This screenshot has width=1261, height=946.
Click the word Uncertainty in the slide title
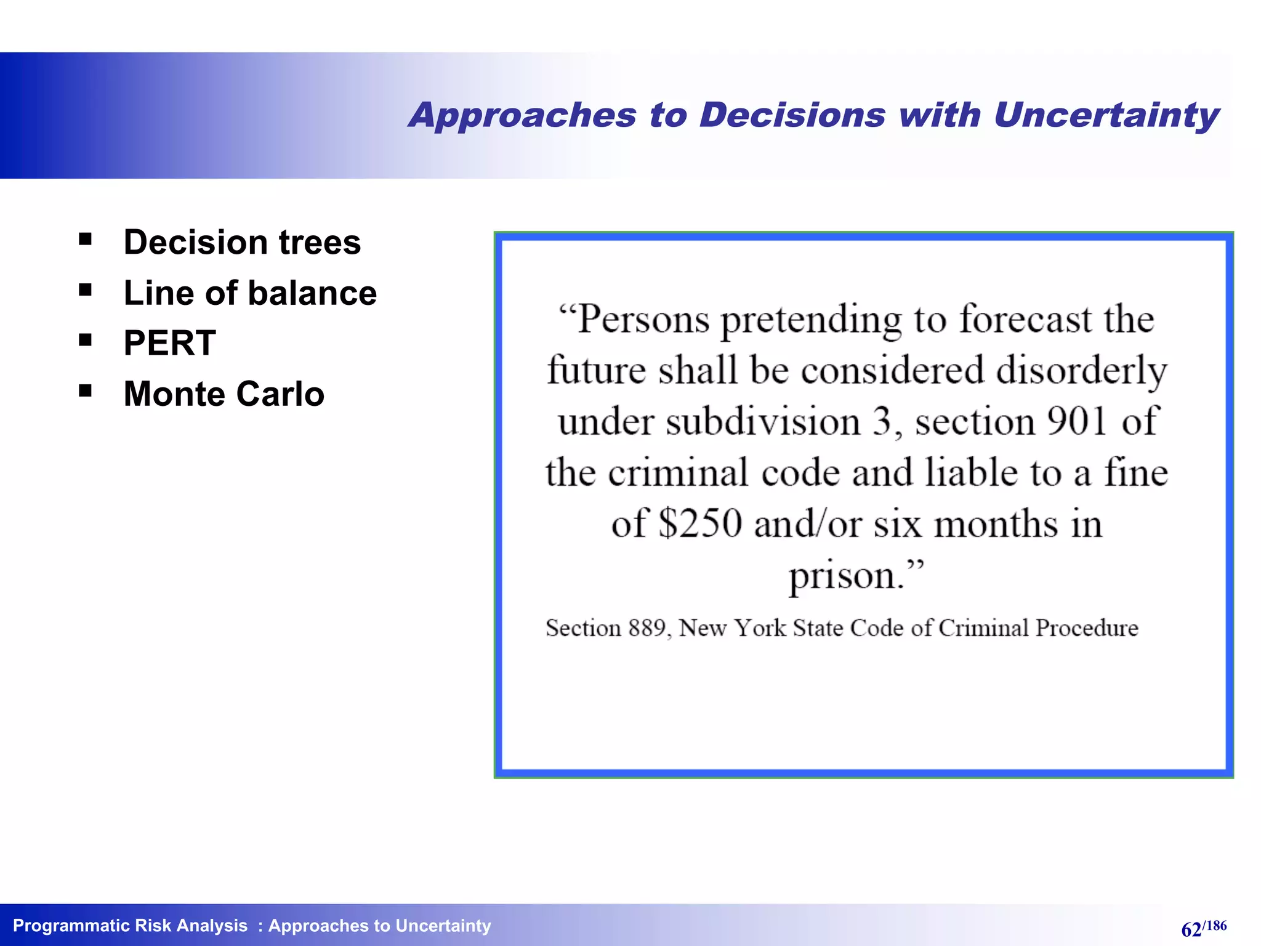[1106, 116]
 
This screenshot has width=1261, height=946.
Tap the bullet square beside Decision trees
[85, 239]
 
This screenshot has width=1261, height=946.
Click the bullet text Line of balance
[249, 293]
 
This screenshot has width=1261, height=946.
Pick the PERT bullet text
[169, 343]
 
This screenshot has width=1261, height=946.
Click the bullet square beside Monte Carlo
[85, 390]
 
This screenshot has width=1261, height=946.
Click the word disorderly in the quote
[1081, 371]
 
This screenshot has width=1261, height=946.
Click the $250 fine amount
[700, 524]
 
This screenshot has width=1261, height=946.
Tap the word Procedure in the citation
[1087, 628]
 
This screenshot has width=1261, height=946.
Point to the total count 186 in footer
[1216, 925]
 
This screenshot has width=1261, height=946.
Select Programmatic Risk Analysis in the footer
[130, 926]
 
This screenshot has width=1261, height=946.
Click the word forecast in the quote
[1025, 320]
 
